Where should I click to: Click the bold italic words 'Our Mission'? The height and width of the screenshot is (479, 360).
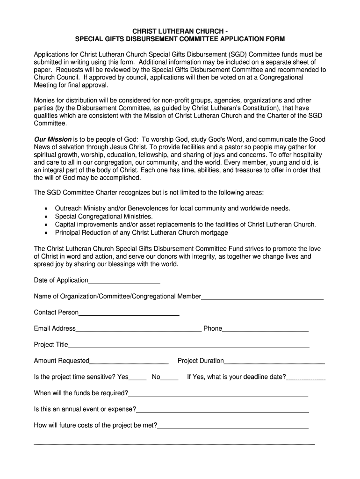(53, 139)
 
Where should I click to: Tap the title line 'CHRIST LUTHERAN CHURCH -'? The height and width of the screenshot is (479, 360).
(180, 31)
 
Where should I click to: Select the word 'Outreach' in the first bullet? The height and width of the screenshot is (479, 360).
(68, 209)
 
